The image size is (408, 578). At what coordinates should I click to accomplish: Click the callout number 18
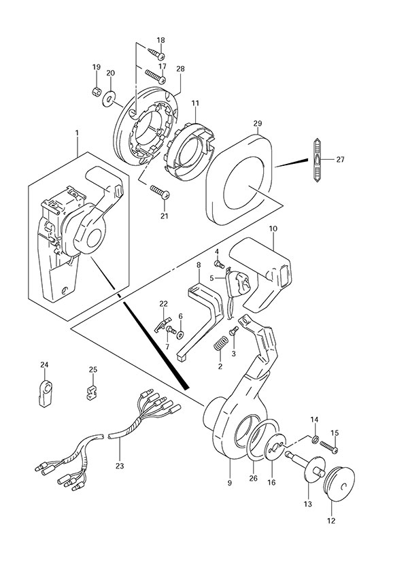pyautogui.click(x=160, y=41)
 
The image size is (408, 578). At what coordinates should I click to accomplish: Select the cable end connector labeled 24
pyautogui.click(x=45, y=392)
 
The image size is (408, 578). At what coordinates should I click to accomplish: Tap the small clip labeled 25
pyautogui.click(x=92, y=395)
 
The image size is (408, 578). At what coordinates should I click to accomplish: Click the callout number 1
pyautogui.click(x=78, y=131)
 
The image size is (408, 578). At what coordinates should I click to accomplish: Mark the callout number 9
pyautogui.click(x=230, y=483)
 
